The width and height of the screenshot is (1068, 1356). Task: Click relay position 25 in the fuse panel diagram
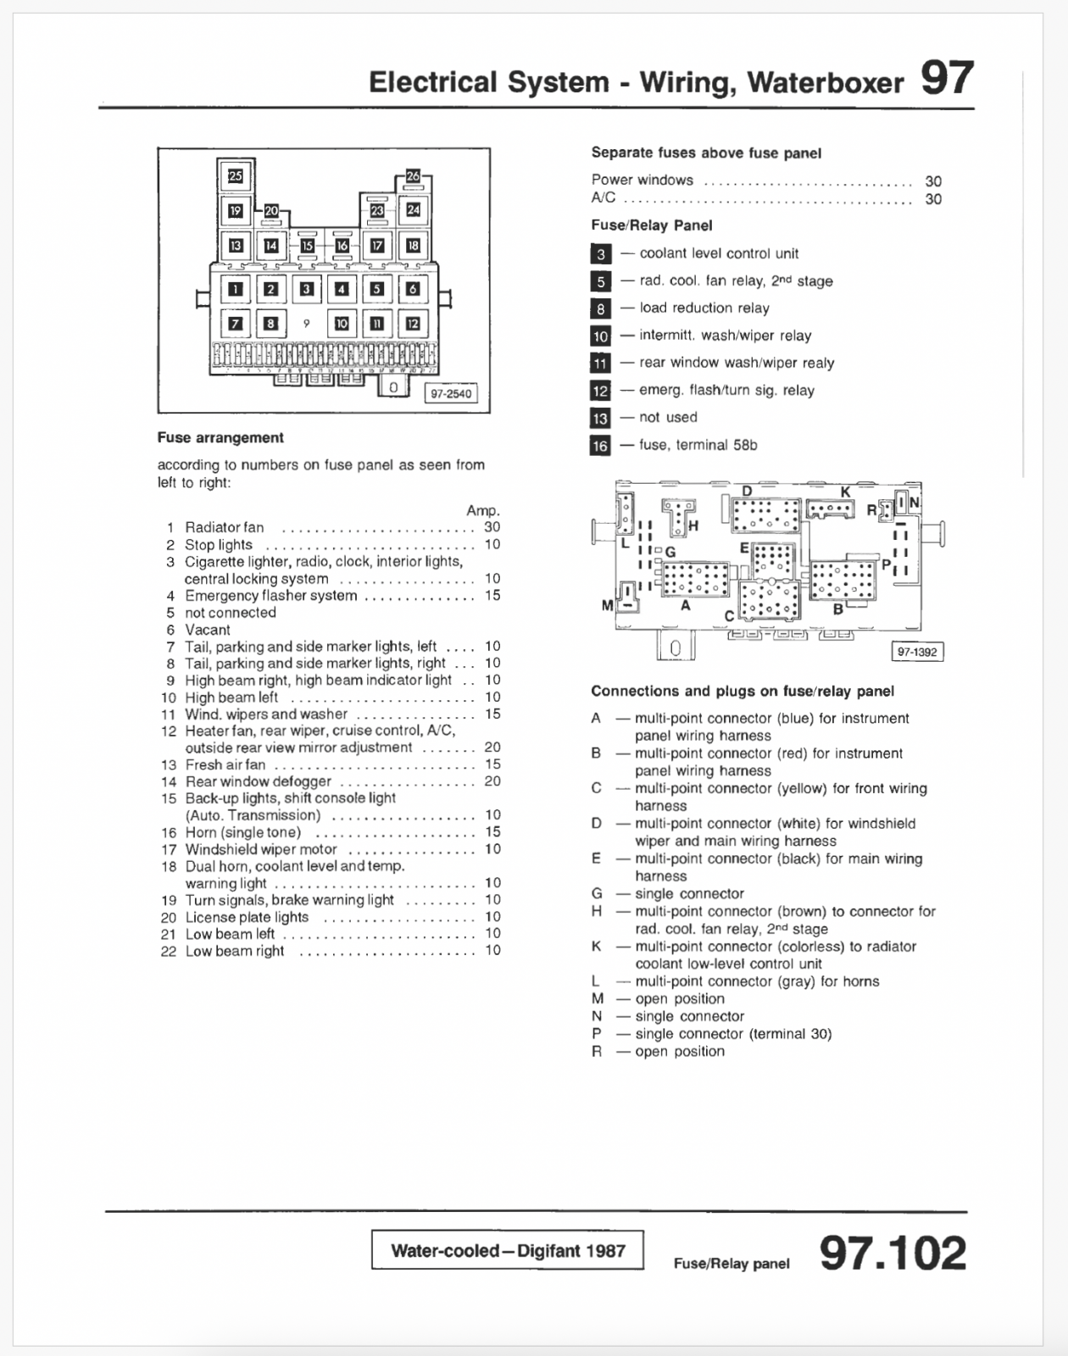click(236, 175)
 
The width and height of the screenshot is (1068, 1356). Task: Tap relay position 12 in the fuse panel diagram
click(413, 323)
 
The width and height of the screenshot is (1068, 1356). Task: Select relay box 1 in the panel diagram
click(236, 289)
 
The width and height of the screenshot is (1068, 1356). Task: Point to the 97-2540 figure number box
click(451, 393)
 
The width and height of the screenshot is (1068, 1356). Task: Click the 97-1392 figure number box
click(918, 652)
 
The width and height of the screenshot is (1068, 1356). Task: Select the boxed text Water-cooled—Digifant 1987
click(508, 1250)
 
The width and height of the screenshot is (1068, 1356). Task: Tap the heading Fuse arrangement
click(220, 437)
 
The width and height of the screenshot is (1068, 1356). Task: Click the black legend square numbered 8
click(600, 308)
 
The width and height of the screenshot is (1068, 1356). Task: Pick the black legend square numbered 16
click(600, 446)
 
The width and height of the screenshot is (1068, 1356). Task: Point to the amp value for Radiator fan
click(492, 527)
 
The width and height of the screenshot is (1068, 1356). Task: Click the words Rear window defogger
click(259, 781)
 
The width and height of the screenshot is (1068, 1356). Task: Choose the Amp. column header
click(483, 510)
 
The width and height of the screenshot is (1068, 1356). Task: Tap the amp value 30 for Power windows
click(933, 181)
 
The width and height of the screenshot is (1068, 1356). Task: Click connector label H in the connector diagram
click(693, 525)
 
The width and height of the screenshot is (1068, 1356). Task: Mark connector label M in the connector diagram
click(607, 605)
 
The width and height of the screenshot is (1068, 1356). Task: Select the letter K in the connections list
click(597, 946)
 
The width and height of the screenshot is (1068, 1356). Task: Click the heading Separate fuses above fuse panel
click(706, 153)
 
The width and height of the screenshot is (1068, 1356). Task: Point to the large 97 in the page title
click(947, 79)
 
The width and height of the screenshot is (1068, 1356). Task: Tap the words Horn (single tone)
click(243, 832)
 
